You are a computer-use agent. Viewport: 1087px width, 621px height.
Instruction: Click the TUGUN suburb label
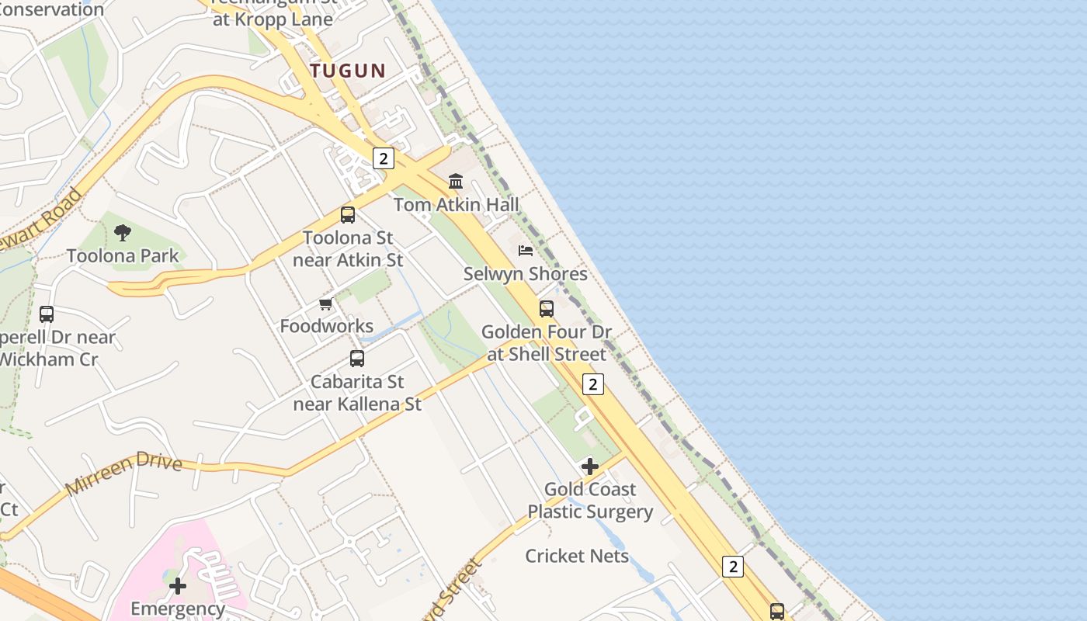point(348,71)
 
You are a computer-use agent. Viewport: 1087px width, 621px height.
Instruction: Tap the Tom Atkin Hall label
point(456,205)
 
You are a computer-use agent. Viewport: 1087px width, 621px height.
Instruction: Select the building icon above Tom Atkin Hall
point(456,182)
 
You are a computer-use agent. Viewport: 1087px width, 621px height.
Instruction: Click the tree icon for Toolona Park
point(122,232)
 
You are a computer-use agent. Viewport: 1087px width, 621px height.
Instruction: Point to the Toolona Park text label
point(123,255)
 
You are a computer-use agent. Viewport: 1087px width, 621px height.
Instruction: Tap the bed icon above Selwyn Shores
point(526,251)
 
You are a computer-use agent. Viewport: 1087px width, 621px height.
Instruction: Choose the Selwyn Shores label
point(526,274)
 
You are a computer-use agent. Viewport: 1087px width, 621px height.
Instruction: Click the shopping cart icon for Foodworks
point(326,304)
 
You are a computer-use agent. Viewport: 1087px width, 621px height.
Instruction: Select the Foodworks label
point(326,326)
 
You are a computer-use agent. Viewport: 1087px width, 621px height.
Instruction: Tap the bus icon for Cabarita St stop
point(357,359)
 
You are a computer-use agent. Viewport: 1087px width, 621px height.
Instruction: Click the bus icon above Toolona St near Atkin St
point(348,215)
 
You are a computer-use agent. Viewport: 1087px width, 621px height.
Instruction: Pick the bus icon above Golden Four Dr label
point(547,309)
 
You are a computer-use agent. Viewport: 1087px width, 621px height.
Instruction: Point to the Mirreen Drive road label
point(124,474)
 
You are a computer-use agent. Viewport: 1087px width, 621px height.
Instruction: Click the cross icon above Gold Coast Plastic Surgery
point(590,467)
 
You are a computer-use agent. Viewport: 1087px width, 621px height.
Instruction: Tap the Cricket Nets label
point(577,556)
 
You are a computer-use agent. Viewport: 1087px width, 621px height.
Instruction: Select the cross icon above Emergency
point(178,585)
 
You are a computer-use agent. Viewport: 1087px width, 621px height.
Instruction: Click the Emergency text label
point(178,609)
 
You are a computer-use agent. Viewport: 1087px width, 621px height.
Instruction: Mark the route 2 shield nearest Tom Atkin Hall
point(383,158)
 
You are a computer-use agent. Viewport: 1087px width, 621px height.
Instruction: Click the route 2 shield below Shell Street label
point(593,384)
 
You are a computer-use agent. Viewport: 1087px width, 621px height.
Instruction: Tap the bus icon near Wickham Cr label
point(47,314)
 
